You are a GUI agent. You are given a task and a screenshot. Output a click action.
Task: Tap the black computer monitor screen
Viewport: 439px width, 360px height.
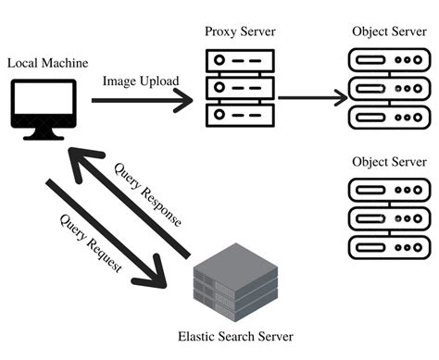pyautogui.click(x=43, y=102)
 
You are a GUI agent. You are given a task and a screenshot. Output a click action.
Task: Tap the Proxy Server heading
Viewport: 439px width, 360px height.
pyautogui.click(x=240, y=32)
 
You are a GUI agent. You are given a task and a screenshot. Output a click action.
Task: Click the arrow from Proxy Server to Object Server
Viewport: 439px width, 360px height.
pyautogui.click(x=310, y=95)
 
